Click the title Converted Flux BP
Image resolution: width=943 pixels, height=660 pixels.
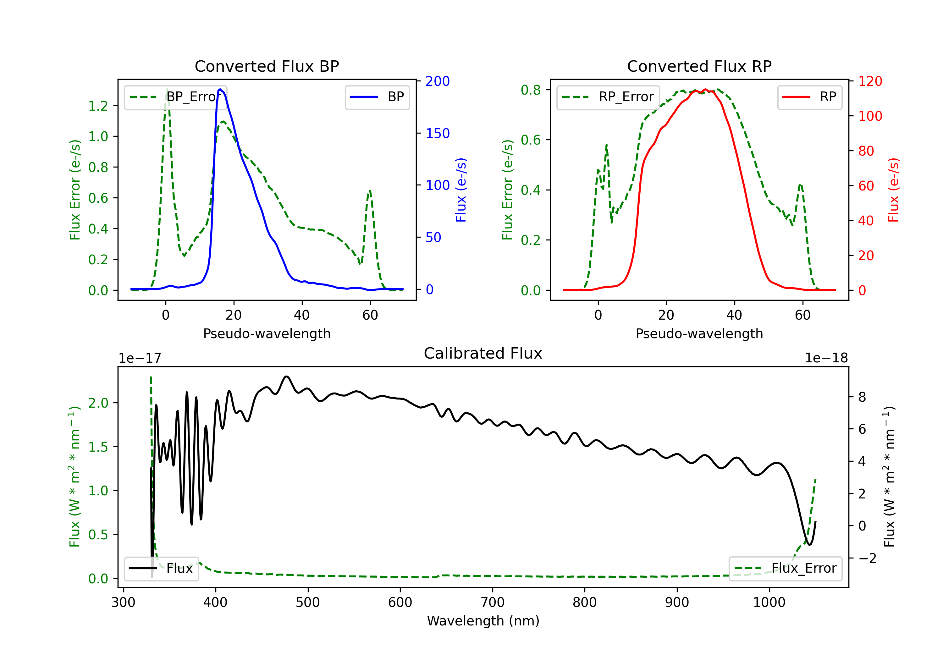coord(267,66)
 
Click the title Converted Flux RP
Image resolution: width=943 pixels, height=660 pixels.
coord(699,66)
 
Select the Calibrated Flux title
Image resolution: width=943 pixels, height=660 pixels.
coord(483,353)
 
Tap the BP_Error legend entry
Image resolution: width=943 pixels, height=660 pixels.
coord(175,97)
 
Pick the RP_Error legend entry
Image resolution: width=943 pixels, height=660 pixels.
coord(608,97)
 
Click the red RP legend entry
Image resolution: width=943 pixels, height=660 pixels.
coord(809,97)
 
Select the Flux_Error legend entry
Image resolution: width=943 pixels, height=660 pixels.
coord(785,569)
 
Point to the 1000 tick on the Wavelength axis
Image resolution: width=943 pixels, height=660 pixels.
coord(769,602)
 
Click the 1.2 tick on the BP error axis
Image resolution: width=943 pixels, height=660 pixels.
coord(98,106)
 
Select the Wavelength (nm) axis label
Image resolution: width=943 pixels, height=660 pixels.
coord(483,621)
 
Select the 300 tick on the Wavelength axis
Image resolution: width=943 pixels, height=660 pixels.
coord(124,602)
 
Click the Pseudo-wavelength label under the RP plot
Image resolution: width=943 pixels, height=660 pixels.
coord(699,333)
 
